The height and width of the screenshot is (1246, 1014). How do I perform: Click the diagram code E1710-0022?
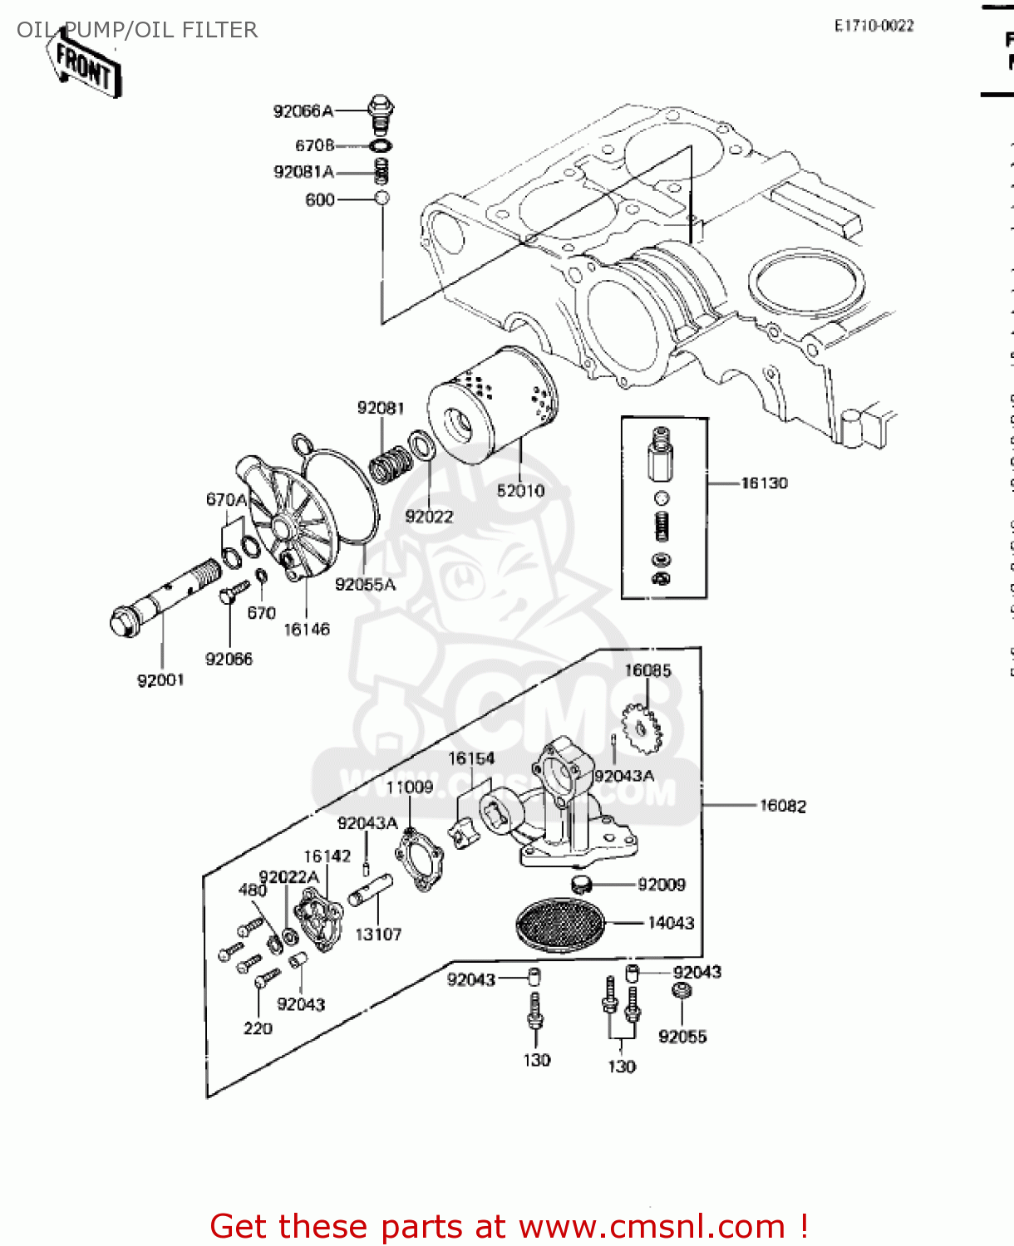(874, 26)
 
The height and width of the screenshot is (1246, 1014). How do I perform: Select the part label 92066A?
(303, 110)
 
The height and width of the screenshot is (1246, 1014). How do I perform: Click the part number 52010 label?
(520, 490)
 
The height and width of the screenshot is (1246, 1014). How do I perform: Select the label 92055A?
(365, 584)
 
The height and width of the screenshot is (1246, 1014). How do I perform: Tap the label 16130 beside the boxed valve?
(764, 483)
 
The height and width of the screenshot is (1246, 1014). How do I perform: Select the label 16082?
(782, 806)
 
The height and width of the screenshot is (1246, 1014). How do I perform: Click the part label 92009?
(662, 885)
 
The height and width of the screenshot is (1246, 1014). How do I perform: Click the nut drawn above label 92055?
(682, 990)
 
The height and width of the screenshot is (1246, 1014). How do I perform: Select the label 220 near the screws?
(258, 1028)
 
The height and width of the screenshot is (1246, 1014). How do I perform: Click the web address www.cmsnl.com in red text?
(652, 1226)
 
